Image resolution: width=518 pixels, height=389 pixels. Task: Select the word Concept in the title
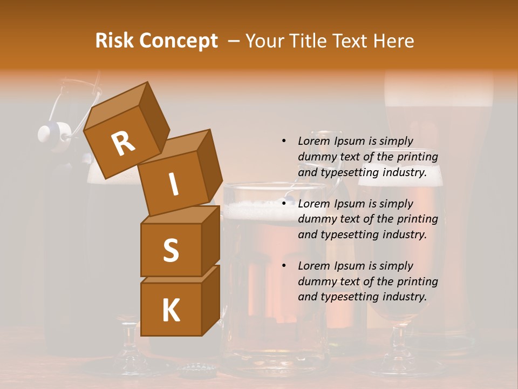coord(179,41)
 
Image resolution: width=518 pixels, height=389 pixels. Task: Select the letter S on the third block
coord(171,251)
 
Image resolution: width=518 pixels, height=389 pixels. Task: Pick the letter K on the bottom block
coord(171,311)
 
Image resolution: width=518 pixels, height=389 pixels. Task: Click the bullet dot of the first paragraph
coord(284,141)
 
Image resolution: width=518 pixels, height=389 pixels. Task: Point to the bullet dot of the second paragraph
coord(284,204)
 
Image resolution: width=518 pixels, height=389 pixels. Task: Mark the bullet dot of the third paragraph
coord(284,266)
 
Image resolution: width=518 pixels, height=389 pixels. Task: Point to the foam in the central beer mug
coord(259,209)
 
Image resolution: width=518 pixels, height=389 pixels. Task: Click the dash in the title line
coord(234,41)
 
